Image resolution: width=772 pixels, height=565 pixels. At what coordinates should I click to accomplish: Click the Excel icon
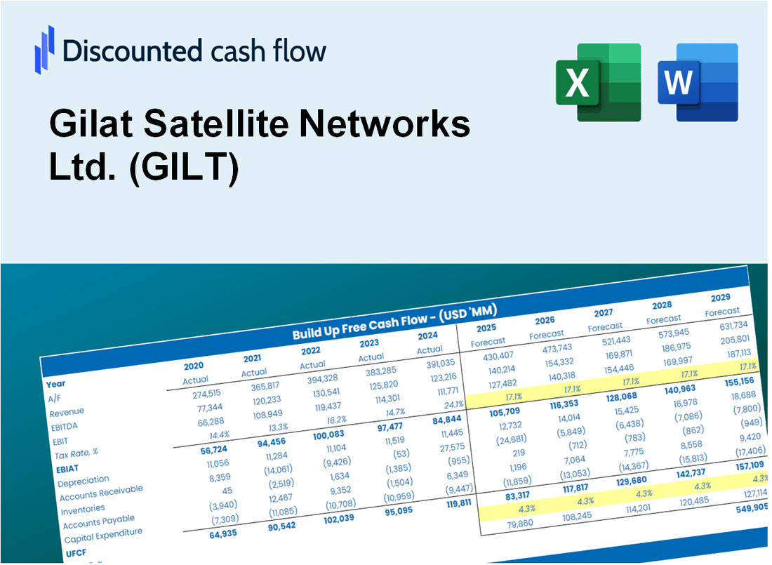pyautogui.click(x=598, y=81)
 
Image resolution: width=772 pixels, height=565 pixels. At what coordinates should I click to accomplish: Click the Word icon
pyautogui.click(x=698, y=81)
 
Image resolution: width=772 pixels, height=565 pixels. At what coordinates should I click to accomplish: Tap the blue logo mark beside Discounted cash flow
pyautogui.click(x=44, y=50)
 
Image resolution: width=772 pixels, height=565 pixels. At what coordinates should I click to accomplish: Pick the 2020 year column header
pyautogui.click(x=194, y=366)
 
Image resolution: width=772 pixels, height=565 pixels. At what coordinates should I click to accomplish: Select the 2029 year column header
pyautogui.click(x=720, y=298)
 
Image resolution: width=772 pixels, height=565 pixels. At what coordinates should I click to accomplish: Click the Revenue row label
pyautogui.click(x=67, y=411)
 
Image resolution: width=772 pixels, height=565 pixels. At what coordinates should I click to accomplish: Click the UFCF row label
pyautogui.click(x=77, y=552)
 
